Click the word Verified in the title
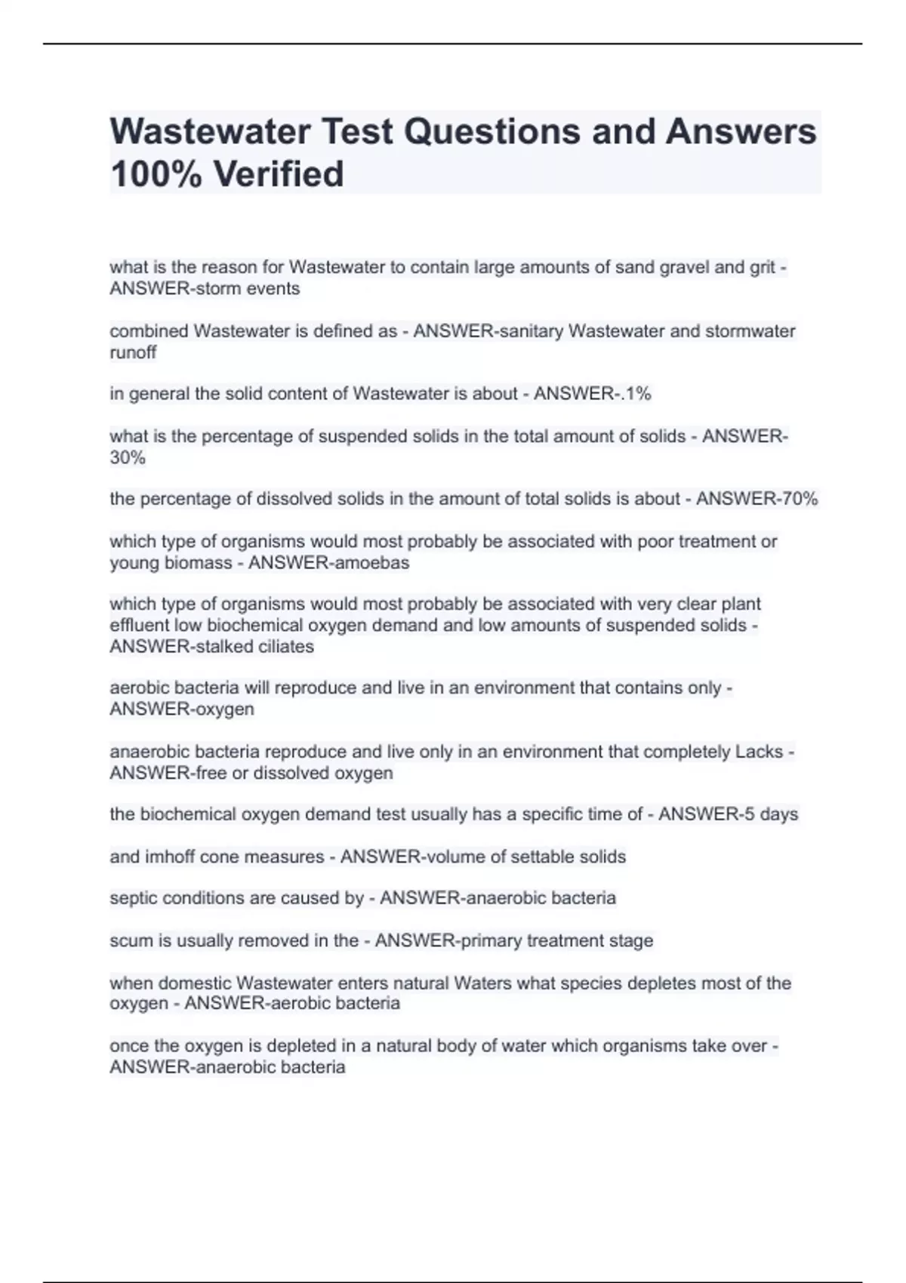(x=279, y=174)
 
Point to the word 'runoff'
(x=133, y=352)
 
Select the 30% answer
(x=128, y=457)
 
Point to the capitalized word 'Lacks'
(x=759, y=752)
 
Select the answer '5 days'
(x=767, y=814)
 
